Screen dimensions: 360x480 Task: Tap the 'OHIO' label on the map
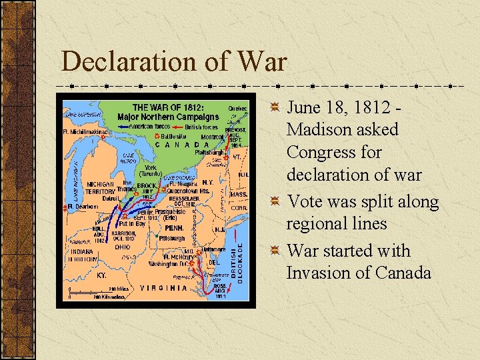click(x=122, y=247)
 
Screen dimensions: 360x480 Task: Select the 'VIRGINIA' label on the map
click(x=164, y=288)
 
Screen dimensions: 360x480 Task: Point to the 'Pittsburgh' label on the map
click(x=171, y=238)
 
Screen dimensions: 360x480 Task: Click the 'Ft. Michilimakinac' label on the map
click(x=83, y=131)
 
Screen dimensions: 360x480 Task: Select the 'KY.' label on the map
click(x=101, y=275)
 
